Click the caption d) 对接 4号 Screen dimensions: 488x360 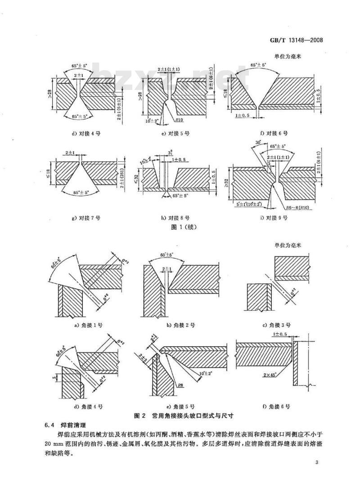(x=85, y=134)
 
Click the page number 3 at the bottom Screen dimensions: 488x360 (x=317, y=463)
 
